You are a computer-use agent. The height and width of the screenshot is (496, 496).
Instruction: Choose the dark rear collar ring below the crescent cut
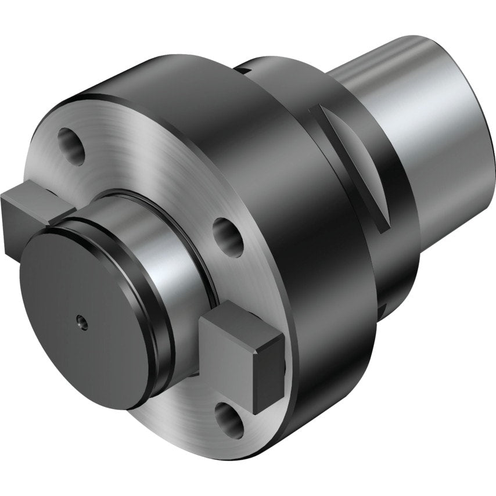[x=395, y=244]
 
